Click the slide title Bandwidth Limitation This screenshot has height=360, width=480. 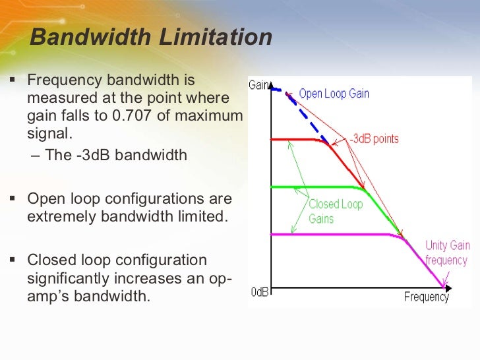(151, 38)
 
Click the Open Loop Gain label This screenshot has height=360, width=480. (334, 94)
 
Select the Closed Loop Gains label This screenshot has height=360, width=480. (336, 211)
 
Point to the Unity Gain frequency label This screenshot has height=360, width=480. (447, 253)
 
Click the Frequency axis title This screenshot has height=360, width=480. (426, 297)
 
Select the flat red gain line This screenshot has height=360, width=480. (297, 140)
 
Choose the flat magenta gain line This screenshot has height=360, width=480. (330, 234)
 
